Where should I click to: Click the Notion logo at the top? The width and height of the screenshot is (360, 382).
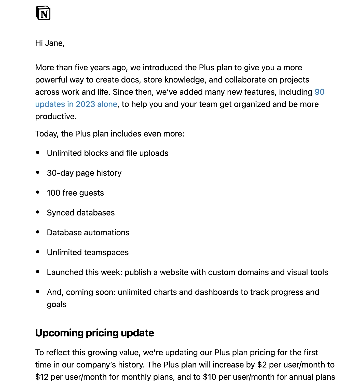pos(43,13)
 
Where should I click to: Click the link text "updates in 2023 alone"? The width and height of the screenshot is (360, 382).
pos(76,104)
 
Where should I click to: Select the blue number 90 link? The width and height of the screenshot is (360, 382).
pos(320,92)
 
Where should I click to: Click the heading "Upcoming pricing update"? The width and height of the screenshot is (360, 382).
pos(94,333)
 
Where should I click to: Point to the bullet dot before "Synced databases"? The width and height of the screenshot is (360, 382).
pos(38,212)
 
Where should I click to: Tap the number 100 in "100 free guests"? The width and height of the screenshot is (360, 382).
pos(53,193)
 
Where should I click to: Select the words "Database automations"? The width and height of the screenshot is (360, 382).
pos(88,233)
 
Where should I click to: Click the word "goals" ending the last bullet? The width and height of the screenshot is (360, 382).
pos(57,304)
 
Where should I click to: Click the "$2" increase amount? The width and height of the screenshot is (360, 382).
pos(262,365)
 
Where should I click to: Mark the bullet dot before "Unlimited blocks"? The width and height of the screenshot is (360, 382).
pos(38,153)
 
